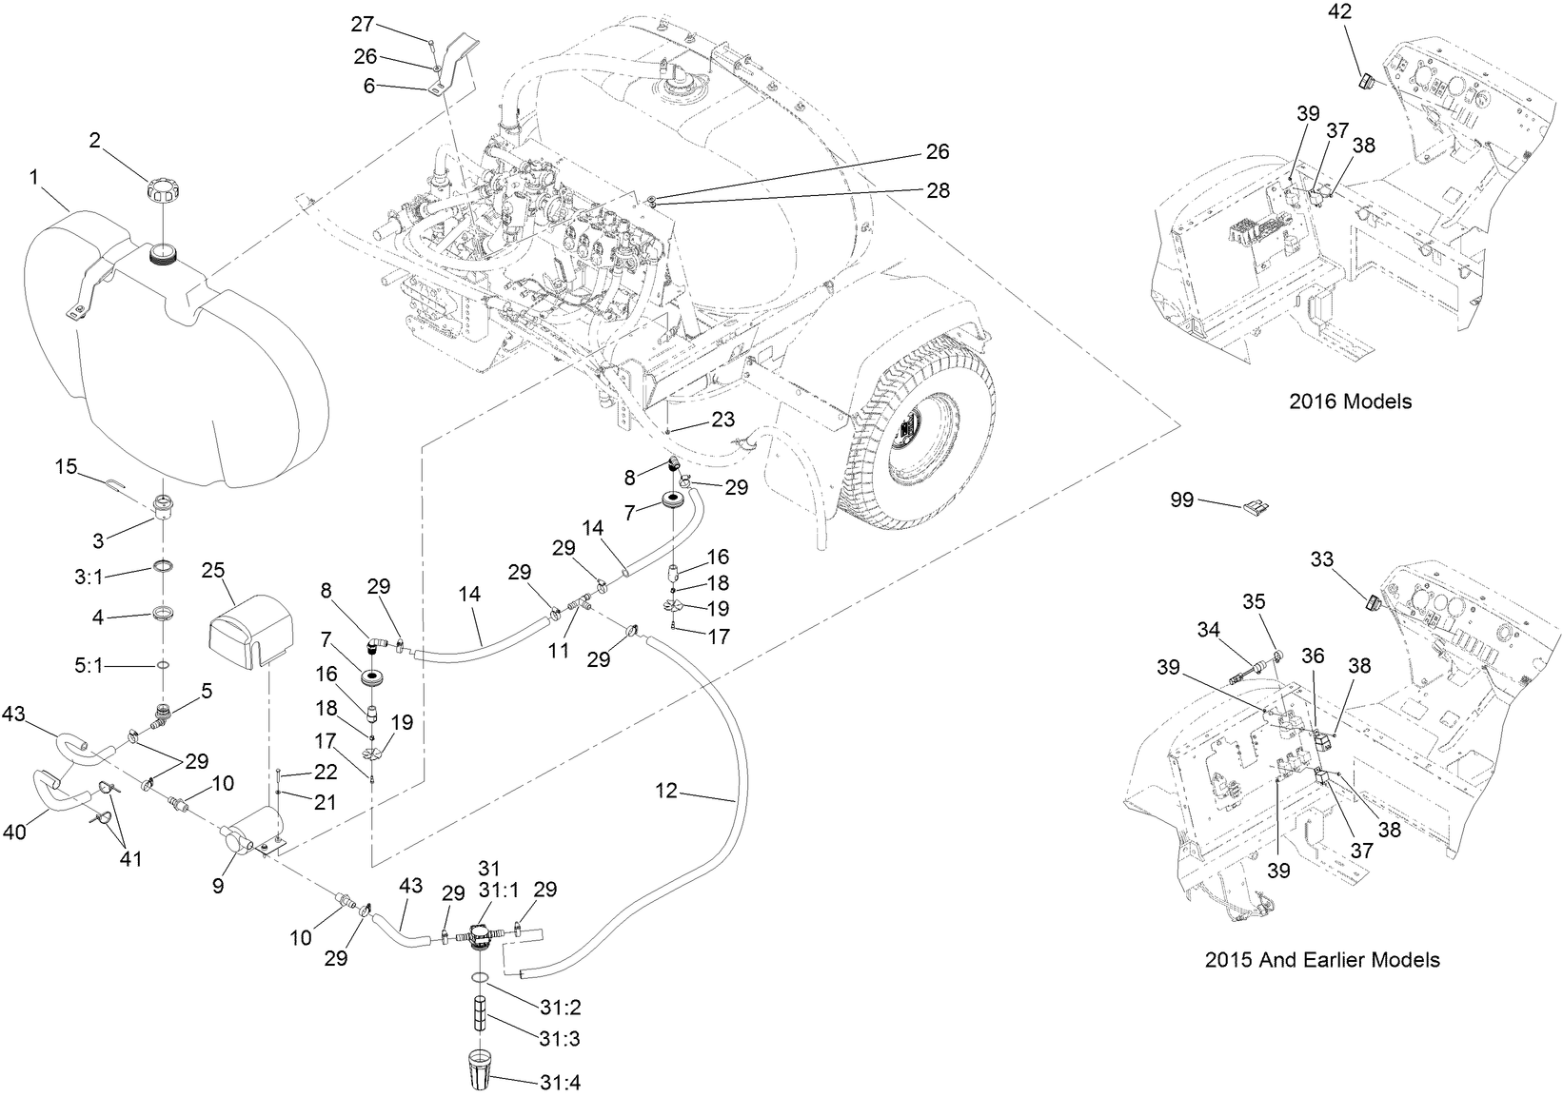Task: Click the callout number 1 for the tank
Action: [x=34, y=176]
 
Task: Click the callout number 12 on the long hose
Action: [x=666, y=791]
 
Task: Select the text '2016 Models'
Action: [x=1350, y=402]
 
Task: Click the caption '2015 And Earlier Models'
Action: [x=1321, y=960]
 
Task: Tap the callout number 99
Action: [x=1181, y=500]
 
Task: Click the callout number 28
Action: [x=938, y=190]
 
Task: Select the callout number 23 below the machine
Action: [x=723, y=419]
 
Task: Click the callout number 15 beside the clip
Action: [x=66, y=466]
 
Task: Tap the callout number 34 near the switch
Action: [x=1208, y=630]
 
